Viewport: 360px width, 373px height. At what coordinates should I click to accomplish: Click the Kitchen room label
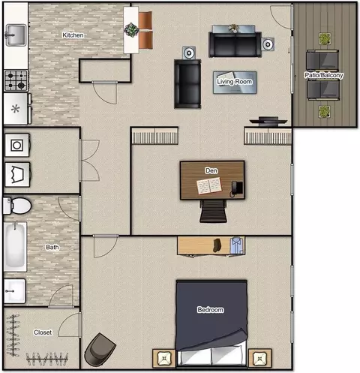pyautogui.click(x=73, y=35)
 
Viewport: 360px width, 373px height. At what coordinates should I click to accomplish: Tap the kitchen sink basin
pyautogui.click(x=16, y=35)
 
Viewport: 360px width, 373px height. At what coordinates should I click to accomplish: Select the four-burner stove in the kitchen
pyautogui.click(x=16, y=80)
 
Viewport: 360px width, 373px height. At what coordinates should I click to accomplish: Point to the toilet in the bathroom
pyautogui.click(x=17, y=206)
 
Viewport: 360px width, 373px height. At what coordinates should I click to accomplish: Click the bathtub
pyautogui.click(x=15, y=246)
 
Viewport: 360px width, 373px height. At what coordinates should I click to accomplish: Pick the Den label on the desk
pyautogui.click(x=211, y=170)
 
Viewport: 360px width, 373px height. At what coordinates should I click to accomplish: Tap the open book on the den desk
pyautogui.click(x=209, y=185)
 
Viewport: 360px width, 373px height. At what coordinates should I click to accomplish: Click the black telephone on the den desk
pyautogui.click(x=236, y=188)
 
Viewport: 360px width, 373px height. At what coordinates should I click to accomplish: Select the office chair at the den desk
pyautogui.click(x=213, y=211)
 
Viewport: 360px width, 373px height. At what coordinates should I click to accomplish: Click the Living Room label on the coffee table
pyautogui.click(x=235, y=82)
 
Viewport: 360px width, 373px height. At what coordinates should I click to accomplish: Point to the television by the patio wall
pyautogui.click(x=268, y=122)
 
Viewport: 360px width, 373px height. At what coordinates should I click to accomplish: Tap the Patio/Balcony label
pyautogui.click(x=324, y=75)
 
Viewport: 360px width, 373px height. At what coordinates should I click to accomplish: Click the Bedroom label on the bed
pyautogui.click(x=211, y=310)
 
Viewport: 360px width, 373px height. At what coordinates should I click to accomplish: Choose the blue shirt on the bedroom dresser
pyautogui.click(x=236, y=245)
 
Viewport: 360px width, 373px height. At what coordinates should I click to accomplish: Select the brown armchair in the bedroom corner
pyautogui.click(x=100, y=350)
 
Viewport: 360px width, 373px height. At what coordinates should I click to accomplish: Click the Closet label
pyautogui.click(x=43, y=332)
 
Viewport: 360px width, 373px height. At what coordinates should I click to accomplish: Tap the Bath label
pyautogui.click(x=52, y=247)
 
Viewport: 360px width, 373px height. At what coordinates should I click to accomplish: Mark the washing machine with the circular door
pyautogui.click(x=17, y=145)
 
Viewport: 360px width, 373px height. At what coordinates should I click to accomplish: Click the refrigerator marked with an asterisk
pyautogui.click(x=16, y=109)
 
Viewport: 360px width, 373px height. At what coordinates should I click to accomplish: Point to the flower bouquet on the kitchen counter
pyautogui.click(x=131, y=29)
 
